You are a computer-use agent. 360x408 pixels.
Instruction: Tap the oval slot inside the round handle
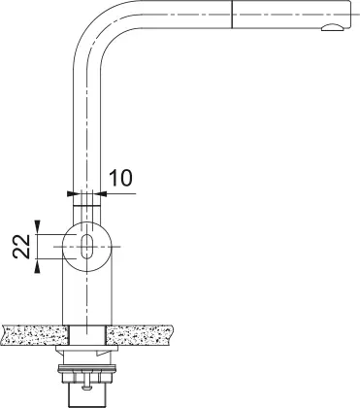(87, 246)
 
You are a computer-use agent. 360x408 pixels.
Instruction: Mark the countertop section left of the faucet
(34, 334)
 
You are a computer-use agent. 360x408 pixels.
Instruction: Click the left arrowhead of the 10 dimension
(72, 193)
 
